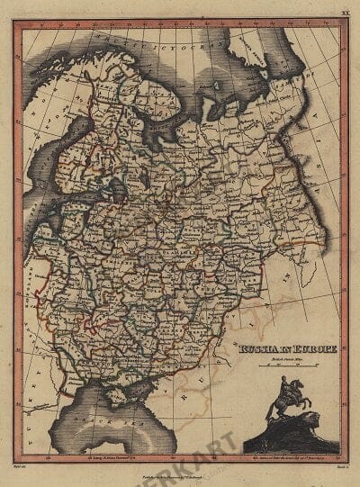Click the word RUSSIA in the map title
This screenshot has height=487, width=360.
259,344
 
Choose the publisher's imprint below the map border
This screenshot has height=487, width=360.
180,473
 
